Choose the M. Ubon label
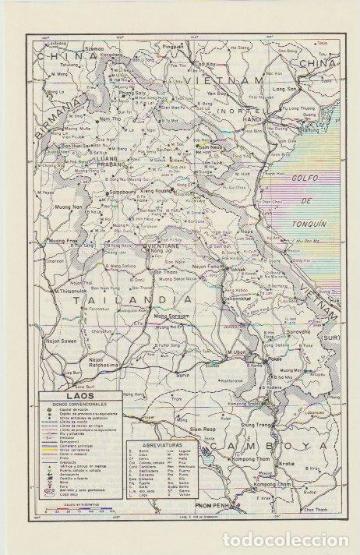point(236,353)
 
